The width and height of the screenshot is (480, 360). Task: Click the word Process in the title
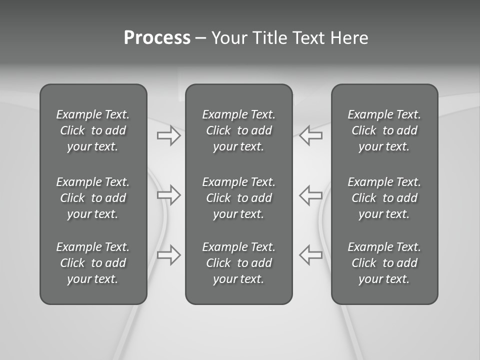pos(157,38)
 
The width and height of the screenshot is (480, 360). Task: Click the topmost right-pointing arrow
pos(169,135)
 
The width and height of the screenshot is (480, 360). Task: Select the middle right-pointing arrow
pos(169,195)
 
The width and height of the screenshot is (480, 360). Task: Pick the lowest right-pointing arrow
pos(169,254)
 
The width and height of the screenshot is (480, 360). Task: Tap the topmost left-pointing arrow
pos(311,135)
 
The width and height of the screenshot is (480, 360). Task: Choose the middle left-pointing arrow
pos(311,195)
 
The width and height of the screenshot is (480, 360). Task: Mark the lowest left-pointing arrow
pos(311,254)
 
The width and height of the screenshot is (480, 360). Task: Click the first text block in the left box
pos(93,130)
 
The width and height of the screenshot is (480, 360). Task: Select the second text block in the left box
pos(93,198)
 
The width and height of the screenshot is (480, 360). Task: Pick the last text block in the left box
pos(93,263)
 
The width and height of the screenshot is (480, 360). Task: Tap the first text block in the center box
pos(239,130)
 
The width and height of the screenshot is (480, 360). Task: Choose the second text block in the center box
pos(239,198)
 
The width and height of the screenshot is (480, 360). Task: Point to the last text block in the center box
pos(239,263)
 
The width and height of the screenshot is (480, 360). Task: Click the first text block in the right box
pos(384,130)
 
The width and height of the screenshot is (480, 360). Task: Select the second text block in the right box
pos(384,198)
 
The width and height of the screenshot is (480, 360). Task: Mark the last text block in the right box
pos(384,263)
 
